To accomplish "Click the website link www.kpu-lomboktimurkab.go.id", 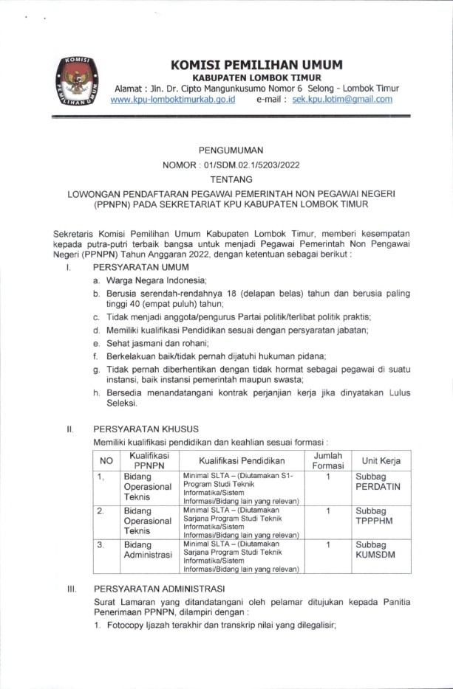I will tap(172, 100).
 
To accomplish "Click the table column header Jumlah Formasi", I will tap(327, 461).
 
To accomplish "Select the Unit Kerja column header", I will tap(381, 461).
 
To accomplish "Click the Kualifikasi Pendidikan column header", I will tap(241, 461).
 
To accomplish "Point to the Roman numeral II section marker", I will tap(69, 427).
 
